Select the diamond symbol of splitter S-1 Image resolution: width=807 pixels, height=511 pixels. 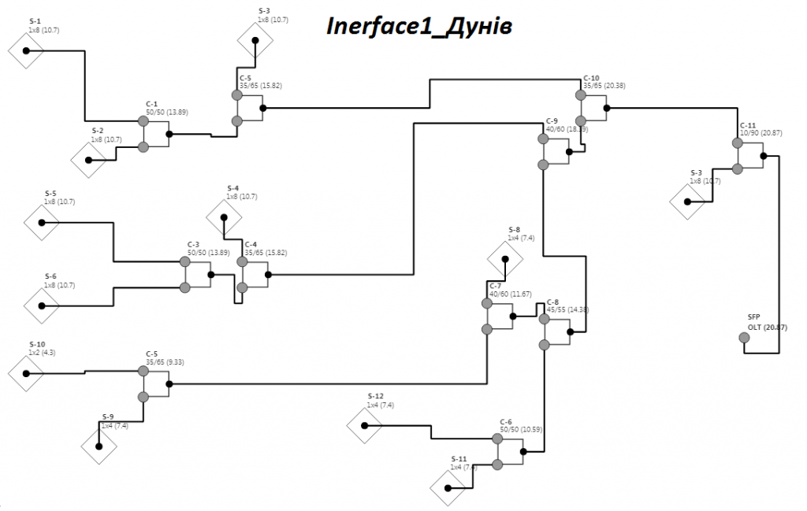26,50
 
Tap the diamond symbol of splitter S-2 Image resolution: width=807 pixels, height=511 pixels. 88,160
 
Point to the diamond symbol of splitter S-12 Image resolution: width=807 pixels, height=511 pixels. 365,425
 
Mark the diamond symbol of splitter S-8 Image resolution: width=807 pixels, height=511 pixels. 505,258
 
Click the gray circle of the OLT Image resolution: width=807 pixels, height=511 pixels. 744,338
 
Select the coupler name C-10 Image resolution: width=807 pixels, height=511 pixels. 591,78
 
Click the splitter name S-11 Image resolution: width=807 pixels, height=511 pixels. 459,459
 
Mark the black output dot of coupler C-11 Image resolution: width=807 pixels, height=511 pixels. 763,156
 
